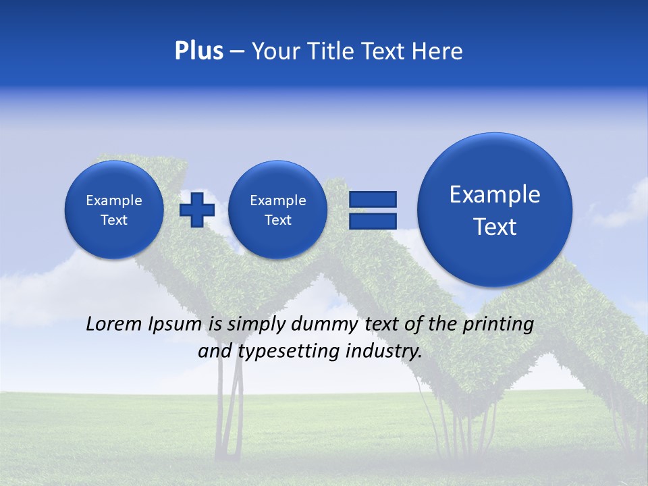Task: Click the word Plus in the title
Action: click(198, 51)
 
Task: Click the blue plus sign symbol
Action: click(197, 209)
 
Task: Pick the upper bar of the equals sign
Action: click(372, 199)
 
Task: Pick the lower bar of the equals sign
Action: click(372, 221)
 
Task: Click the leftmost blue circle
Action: click(114, 210)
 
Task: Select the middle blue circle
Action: click(277, 210)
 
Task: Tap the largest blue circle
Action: click(495, 210)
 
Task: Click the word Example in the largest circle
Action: click(495, 194)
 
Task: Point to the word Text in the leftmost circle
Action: click(114, 220)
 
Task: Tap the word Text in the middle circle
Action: click(277, 220)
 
